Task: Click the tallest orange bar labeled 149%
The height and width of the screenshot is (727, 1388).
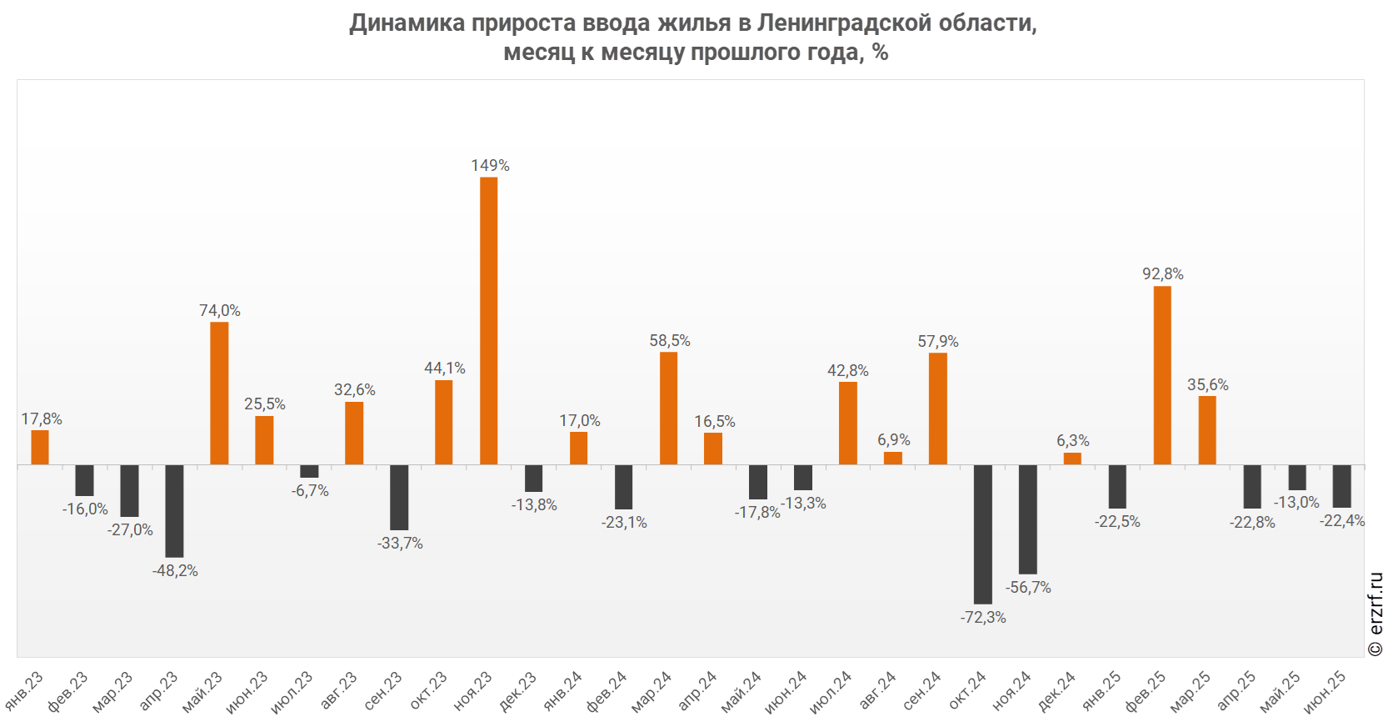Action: pyautogui.click(x=489, y=321)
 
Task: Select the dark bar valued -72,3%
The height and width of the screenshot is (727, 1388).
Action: pyautogui.click(x=983, y=534)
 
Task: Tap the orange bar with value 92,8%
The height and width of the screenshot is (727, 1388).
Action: pyautogui.click(x=1162, y=375)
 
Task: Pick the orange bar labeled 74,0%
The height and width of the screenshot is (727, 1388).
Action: pyautogui.click(x=219, y=393)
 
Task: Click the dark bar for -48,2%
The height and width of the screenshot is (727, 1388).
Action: pyautogui.click(x=174, y=510)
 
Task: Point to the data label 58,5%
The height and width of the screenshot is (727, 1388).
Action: pyautogui.click(x=670, y=341)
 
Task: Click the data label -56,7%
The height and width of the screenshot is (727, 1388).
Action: pyautogui.click(x=1028, y=588)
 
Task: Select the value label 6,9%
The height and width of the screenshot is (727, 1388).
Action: pyautogui.click(x=893, y=440)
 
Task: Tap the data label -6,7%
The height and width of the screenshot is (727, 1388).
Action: pyautogui.click(x=310, y=491)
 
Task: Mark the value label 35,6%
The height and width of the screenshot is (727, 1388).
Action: pyautogui.click(x=1207, y=385)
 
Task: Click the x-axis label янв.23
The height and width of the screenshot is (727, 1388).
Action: pyautogui.click(x=24, y=691)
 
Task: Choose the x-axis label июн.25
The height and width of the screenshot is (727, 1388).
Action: pyautogui.click(x=1325, y=692)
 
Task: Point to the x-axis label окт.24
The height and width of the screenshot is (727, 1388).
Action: pyautogui.click(x=967, y=692)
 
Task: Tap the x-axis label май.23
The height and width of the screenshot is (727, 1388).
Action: pyautogui.click(x=202, y=692)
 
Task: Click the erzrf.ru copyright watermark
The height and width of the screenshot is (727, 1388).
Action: pyautogui.click(x=1376, y=614)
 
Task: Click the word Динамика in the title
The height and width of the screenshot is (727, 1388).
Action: pyautogui.click(x=407, y=23)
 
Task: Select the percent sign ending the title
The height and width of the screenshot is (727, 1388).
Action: pyautogui.click(x=881, y=53)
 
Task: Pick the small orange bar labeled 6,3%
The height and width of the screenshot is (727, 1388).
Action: pyautogui.click(x=1072, y=459)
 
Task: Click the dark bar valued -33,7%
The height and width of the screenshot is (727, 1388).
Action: pyautogui.click(x=399, y=497)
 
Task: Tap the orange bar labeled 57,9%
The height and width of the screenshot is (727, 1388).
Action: pyautogui.click(x=938, y=409)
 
